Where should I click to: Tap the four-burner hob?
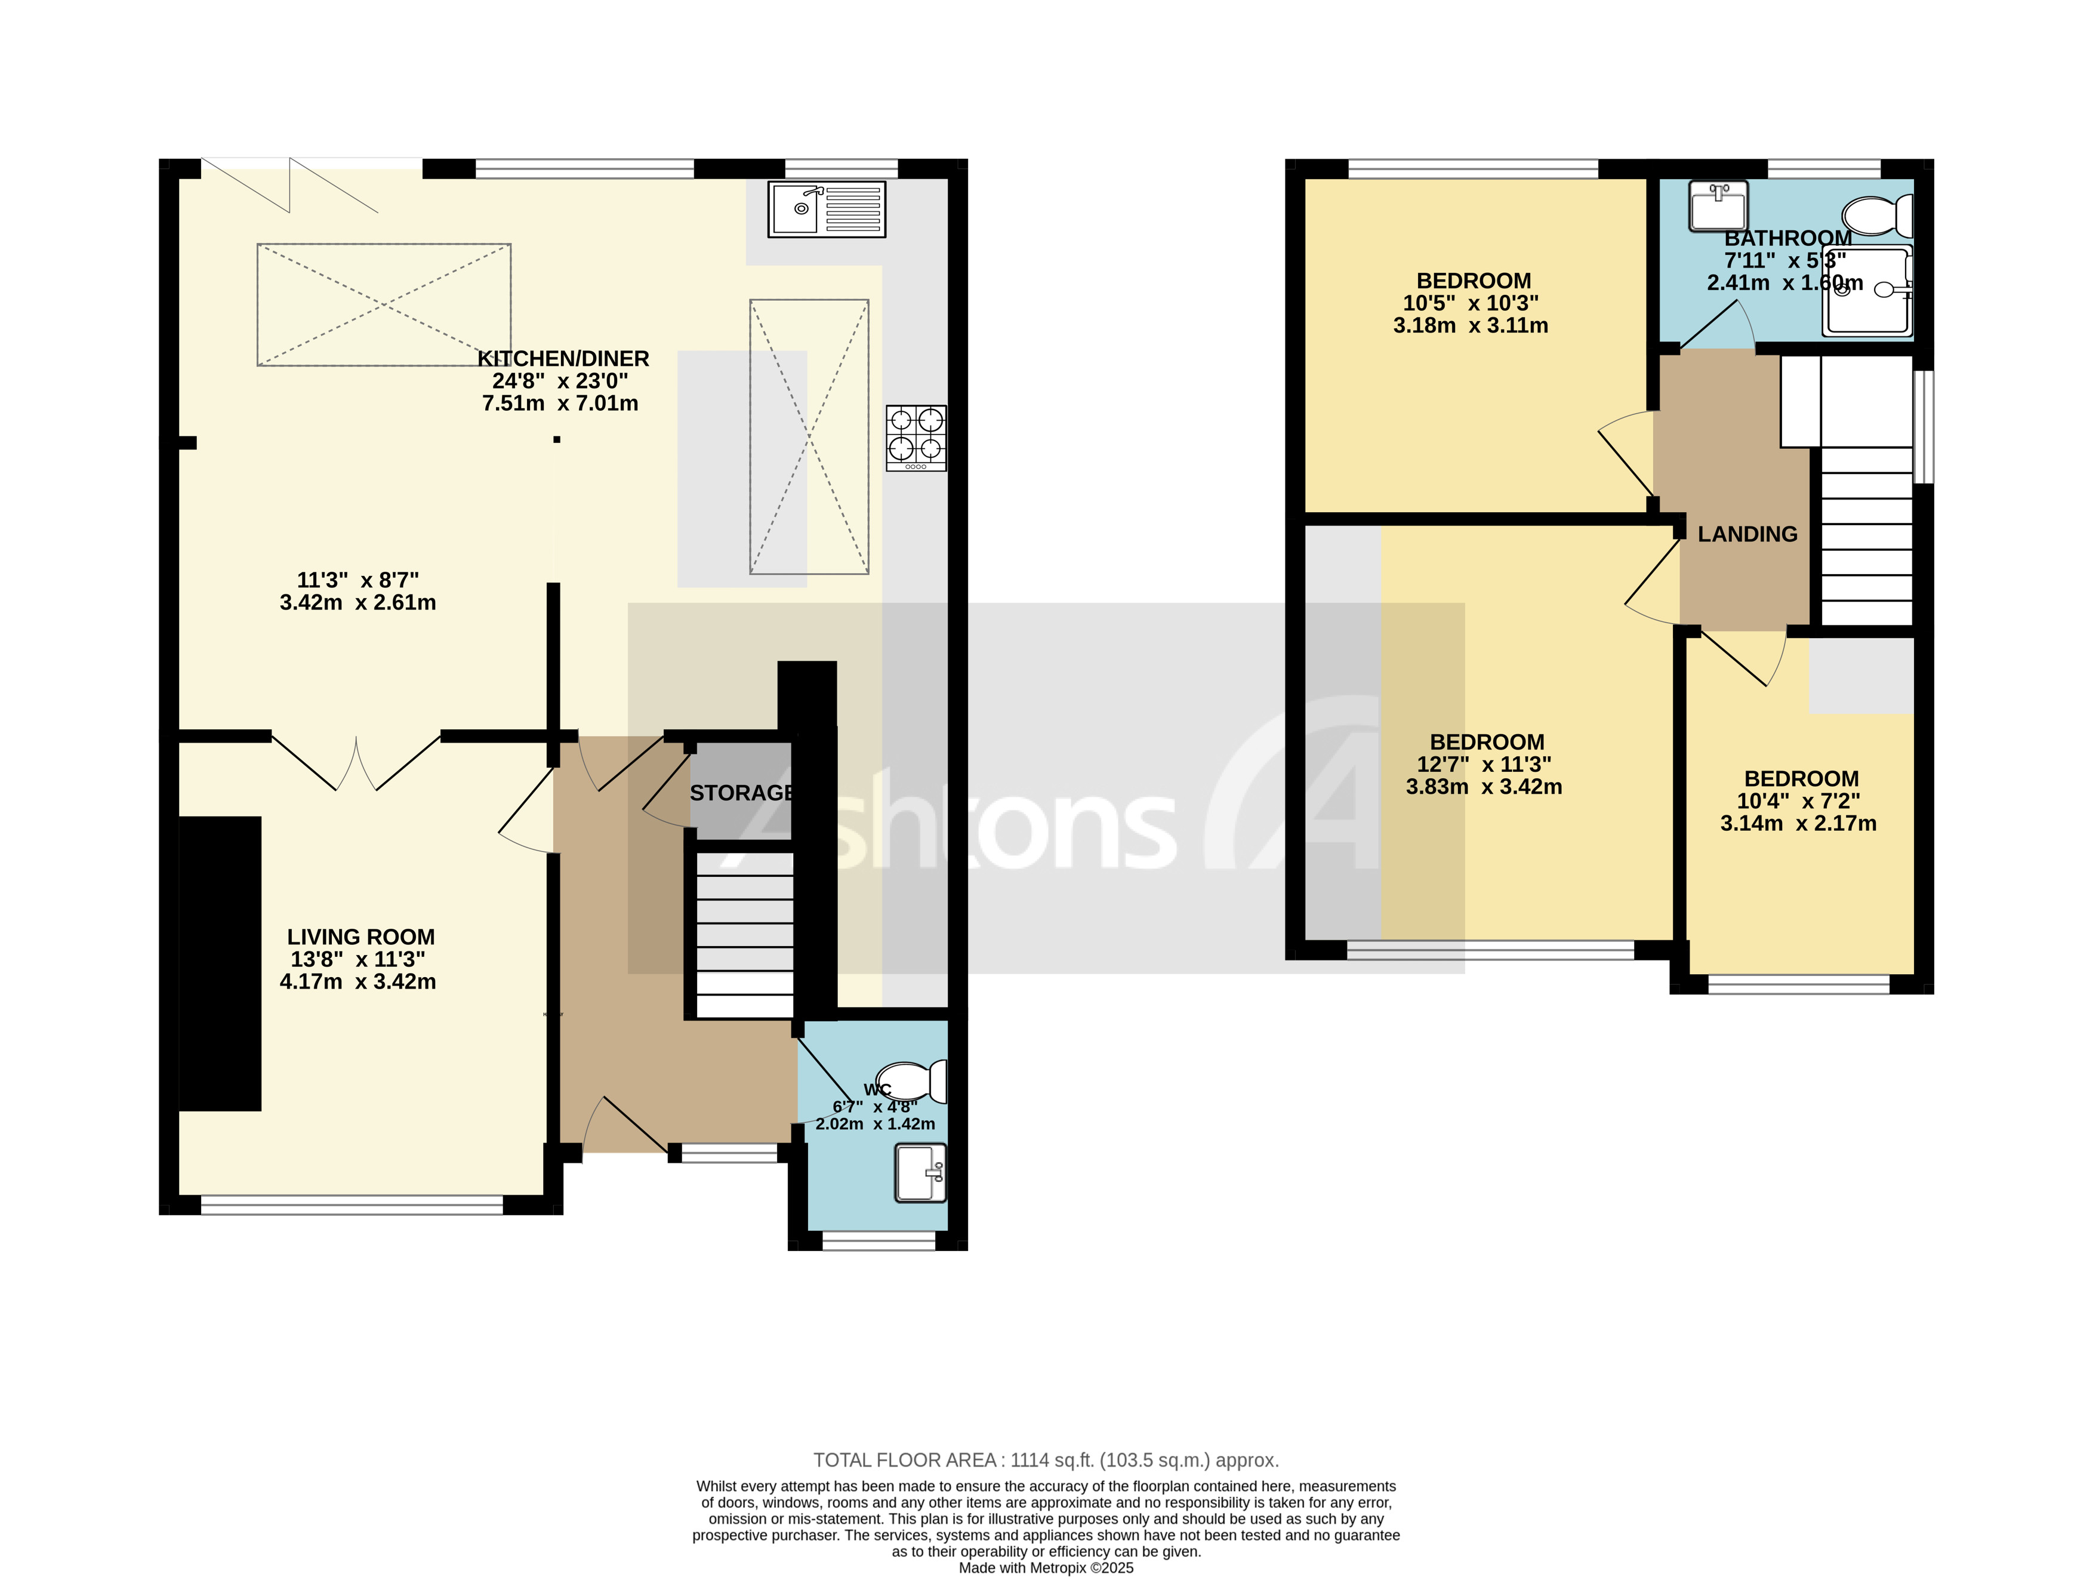[916, 438]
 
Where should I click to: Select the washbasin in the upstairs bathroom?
[1718, 205]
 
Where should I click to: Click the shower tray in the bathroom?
[1868, 291]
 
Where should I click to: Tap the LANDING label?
[1747, 535]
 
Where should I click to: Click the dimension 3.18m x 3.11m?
[1471, 326]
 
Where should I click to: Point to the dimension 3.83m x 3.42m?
[1484, 787]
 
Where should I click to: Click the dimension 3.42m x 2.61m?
[357, 603]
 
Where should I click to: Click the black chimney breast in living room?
[220, 963]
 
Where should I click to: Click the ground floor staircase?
[745, 935]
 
